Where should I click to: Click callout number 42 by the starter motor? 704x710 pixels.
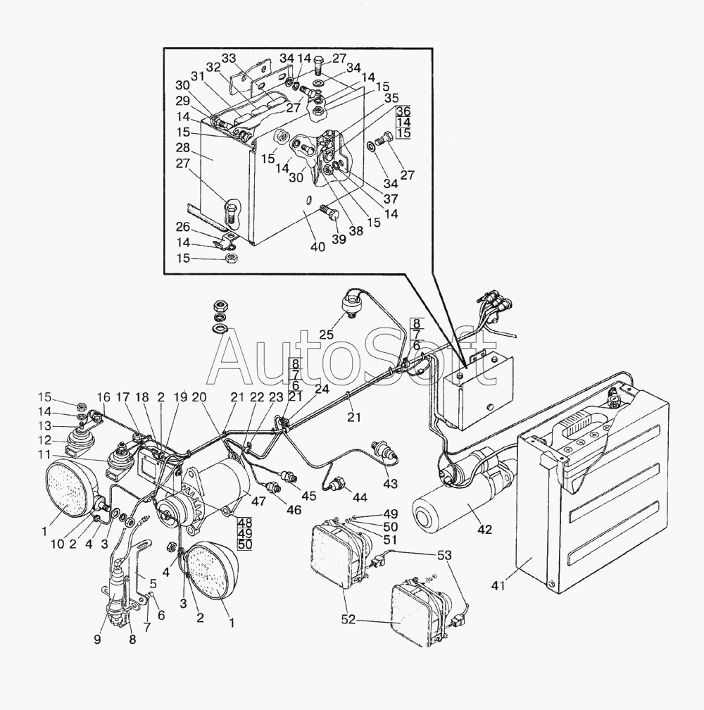pos(484,528)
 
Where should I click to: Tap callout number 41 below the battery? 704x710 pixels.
pos(498,585)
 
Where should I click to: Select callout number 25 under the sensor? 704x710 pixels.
pos(326,335)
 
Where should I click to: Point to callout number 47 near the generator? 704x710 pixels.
pos(258,501)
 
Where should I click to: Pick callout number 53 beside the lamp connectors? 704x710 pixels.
pos(445,555)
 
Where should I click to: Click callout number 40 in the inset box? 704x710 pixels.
pos(318,247)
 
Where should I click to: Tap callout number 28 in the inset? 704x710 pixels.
pos(183,148)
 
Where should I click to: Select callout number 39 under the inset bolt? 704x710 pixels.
pos(339,239)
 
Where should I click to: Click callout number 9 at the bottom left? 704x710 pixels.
pos(98,639)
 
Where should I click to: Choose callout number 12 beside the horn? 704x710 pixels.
pos(44,440)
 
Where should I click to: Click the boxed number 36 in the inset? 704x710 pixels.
pos(403,111)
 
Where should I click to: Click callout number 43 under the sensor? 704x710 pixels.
pos(390,484)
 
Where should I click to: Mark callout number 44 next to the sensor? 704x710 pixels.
pos(360,497)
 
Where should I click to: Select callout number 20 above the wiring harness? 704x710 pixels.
pos(199,397)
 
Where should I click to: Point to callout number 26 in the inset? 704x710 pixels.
pos(183,227)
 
